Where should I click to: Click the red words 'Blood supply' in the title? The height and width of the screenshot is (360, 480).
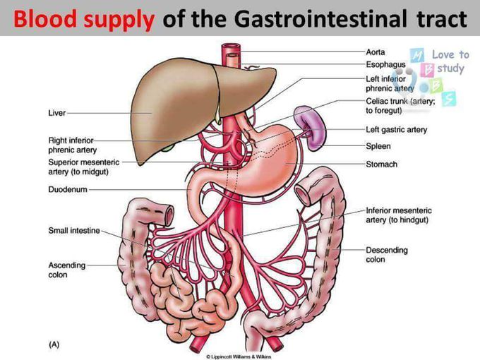(x=84, y=19)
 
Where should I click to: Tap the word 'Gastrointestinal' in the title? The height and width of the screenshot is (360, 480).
(x=321, y=18)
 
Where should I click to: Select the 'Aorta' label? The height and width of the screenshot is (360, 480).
(x=376, y=52)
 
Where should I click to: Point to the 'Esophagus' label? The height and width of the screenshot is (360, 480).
(x=385, y=65)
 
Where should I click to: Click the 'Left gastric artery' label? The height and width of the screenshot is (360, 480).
(x=397, y=130)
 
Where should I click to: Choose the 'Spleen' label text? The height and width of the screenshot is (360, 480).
(x=378, y=146)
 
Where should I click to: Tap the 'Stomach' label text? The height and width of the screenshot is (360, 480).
(x=382, y=164)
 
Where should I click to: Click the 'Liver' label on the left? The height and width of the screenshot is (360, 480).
(x=57, y=113)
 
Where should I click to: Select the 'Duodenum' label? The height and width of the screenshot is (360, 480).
(x=68, y=189)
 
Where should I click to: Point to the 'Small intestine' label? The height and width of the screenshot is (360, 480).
(x=74, y=231)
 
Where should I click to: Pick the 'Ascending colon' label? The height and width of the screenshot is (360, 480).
(x=67, y=270)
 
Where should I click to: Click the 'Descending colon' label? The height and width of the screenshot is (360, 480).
(x=387, y=255)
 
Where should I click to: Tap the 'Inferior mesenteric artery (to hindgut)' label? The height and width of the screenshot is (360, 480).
(x=399, y=215)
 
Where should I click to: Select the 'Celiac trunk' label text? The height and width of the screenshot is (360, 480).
(x=387, y=102)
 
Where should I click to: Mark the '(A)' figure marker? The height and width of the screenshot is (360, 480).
(x=54, y=344)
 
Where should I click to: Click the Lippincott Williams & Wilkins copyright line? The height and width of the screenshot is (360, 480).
(x=239, y=356)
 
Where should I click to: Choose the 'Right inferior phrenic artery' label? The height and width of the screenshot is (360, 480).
(x=73, y=145)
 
